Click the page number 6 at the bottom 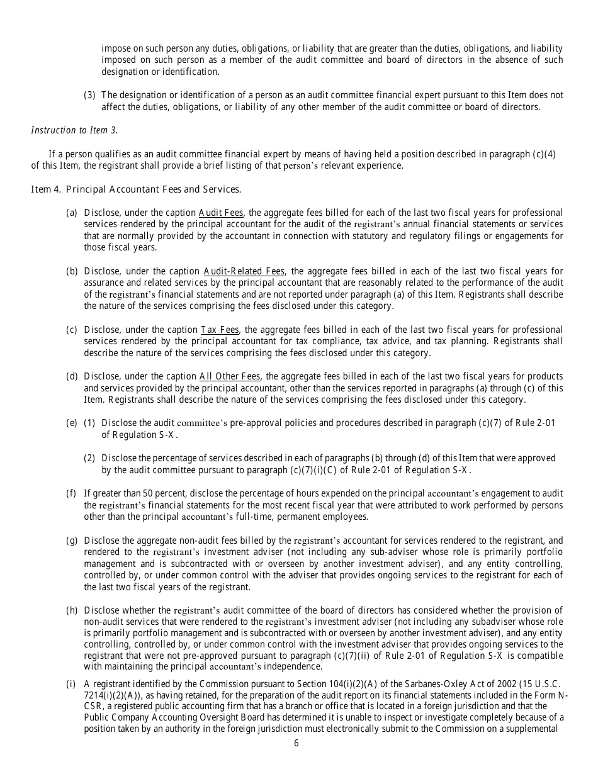296,743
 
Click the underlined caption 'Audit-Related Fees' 244,271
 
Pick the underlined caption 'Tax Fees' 220,330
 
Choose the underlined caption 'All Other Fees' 229,377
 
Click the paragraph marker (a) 72,213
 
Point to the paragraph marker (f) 71,493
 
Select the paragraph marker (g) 72,541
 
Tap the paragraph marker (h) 72,610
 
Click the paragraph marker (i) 71,684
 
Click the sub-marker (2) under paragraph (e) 90,458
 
